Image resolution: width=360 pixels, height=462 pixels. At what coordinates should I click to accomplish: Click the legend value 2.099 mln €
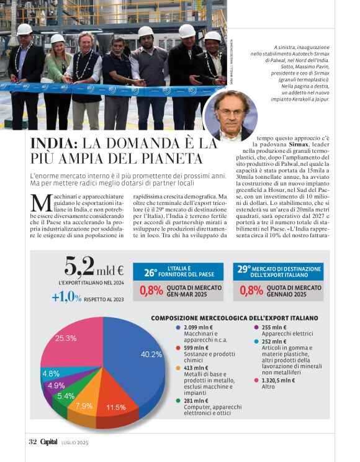199,327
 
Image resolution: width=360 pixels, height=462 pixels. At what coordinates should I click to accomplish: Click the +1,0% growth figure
66,297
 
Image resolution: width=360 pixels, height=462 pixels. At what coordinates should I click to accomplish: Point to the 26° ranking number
151,272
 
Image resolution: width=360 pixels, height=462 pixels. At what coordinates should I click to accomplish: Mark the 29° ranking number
244,270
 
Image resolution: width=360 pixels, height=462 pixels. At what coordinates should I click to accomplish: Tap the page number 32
33,442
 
